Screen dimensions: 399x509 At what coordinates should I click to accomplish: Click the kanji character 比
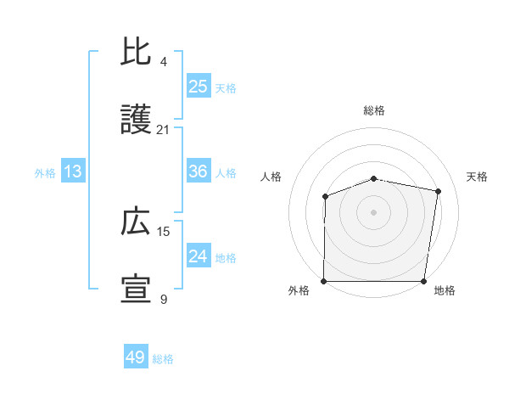click(136, 53)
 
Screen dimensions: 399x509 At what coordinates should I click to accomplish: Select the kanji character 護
click(136, 121)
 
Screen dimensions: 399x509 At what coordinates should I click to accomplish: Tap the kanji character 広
click(136, 222)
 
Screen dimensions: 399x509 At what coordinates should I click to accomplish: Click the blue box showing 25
click(199, 87)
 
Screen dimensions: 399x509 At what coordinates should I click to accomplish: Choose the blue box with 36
click(199, 171)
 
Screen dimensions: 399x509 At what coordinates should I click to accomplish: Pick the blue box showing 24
click(199, 256)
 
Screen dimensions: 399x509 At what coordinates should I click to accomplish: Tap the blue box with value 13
click(73, 171)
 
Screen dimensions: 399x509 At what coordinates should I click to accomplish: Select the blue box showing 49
click(136, 357)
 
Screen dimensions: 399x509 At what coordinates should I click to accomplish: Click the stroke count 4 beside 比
click(164, 62)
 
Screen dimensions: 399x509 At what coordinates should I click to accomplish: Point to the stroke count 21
click(164, 130)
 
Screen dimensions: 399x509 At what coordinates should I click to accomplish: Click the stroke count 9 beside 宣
click(164, 299)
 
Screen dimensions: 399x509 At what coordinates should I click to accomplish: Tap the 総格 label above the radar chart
click(374, 110)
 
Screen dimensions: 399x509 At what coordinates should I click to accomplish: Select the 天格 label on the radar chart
click(477, 177)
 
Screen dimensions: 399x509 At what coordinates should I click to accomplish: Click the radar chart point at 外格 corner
click(324, 281)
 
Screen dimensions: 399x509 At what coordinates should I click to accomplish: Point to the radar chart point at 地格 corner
click(424, 281)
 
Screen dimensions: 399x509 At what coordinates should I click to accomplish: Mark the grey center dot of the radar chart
click(374, 211)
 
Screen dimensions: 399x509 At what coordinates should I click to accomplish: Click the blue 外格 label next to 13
click(45, 172)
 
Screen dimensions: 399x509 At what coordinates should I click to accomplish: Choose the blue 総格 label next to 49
click(164, 359)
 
